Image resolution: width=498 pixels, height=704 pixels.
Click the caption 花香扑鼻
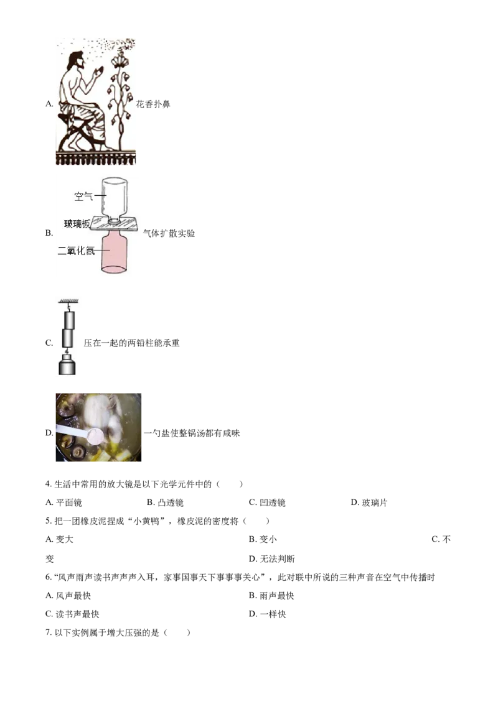(153, 104)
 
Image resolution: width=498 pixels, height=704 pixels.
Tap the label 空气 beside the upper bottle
(83, 196)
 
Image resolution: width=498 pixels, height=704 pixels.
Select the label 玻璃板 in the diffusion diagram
(77, 223)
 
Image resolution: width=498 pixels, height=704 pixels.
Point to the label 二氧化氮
(77, 251)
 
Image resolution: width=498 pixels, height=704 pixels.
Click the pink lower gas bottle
(114, 252)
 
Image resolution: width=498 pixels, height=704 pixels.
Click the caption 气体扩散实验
(169, 233)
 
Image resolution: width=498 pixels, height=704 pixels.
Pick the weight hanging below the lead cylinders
(67, 364)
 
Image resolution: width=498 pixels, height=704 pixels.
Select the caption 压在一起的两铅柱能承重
(132, 343)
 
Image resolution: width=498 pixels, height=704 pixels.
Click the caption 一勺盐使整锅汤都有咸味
(192, 433)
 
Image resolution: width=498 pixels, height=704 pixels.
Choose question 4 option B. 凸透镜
(166, 503)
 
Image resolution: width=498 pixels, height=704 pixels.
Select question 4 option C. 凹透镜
(268, 503)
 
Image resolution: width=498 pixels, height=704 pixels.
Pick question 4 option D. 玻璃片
(369, 503)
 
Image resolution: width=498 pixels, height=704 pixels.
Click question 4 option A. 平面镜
(64, 503)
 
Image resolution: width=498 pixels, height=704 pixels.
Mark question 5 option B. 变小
(263, 539)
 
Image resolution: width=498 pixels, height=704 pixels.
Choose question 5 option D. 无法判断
(272, 559)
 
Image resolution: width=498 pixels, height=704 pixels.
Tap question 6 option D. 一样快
(268, 614)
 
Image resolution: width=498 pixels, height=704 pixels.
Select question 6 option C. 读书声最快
(72, 614)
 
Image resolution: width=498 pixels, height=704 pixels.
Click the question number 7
(49, 633)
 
